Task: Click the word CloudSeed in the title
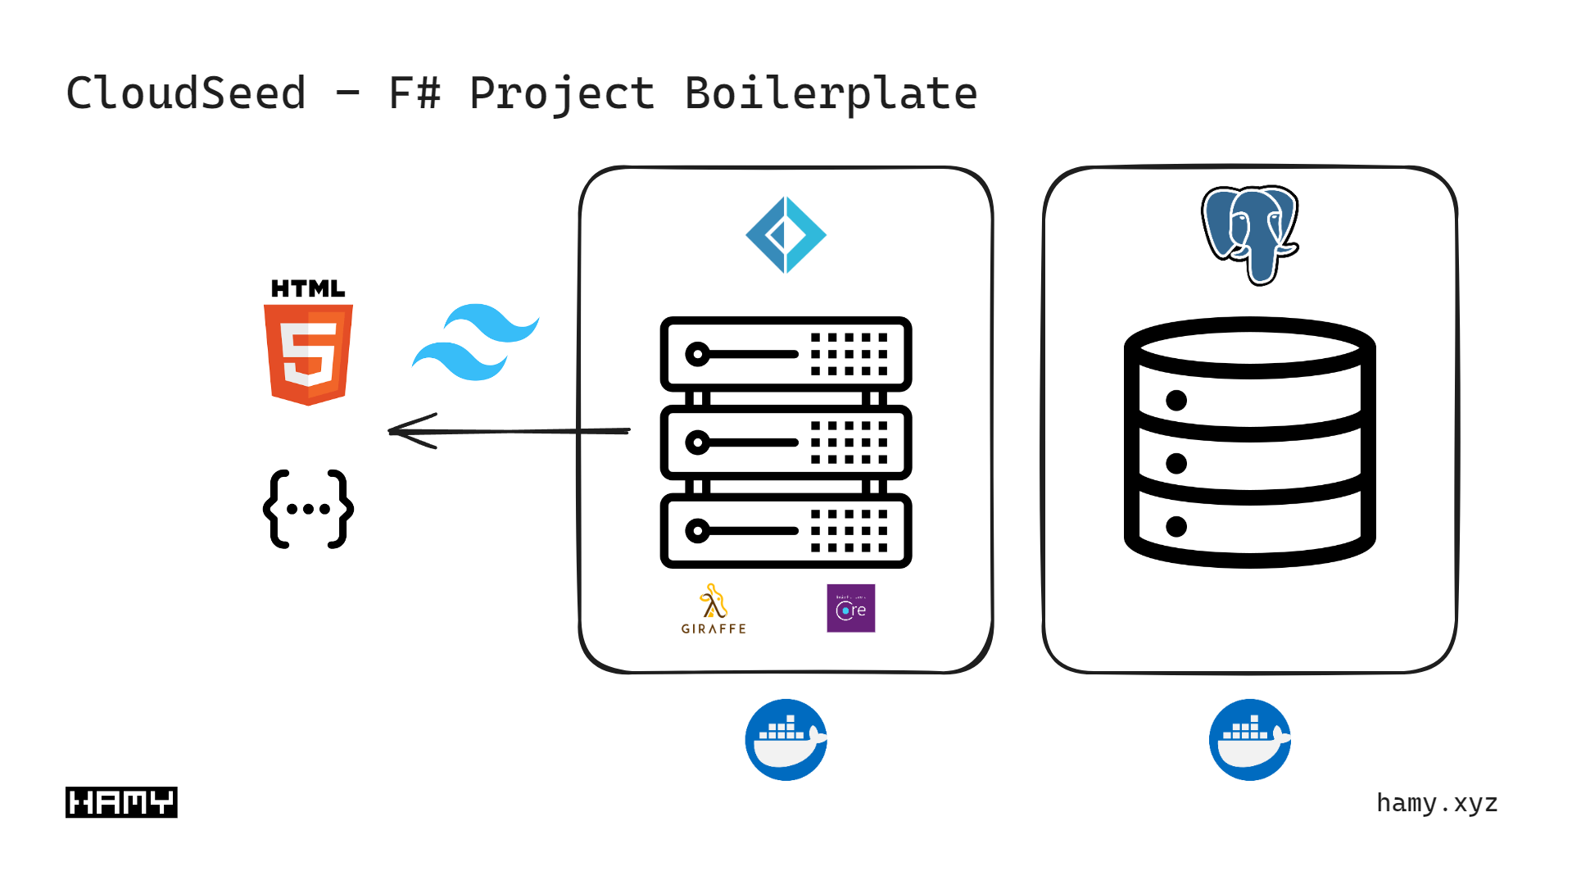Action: (186, 93)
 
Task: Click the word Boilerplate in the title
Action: (831, 93)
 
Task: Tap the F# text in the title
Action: (414, 93)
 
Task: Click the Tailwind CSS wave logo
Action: (475, 343)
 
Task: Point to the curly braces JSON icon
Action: (308, 509)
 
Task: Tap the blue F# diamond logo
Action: (786, 235)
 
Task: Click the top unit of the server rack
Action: (786, 354)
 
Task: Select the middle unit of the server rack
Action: (786, 442)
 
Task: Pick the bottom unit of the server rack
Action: (786, 531)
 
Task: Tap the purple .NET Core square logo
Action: (850, 608)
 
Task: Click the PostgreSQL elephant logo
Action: (1249, 233)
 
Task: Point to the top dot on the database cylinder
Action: (1176, 400)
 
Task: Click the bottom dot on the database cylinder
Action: (1176, 526)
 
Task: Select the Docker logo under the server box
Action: (786, 739)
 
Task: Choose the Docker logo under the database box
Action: (1249, 739)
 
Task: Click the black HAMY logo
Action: (121, 802)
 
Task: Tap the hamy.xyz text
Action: (1437, 803)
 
